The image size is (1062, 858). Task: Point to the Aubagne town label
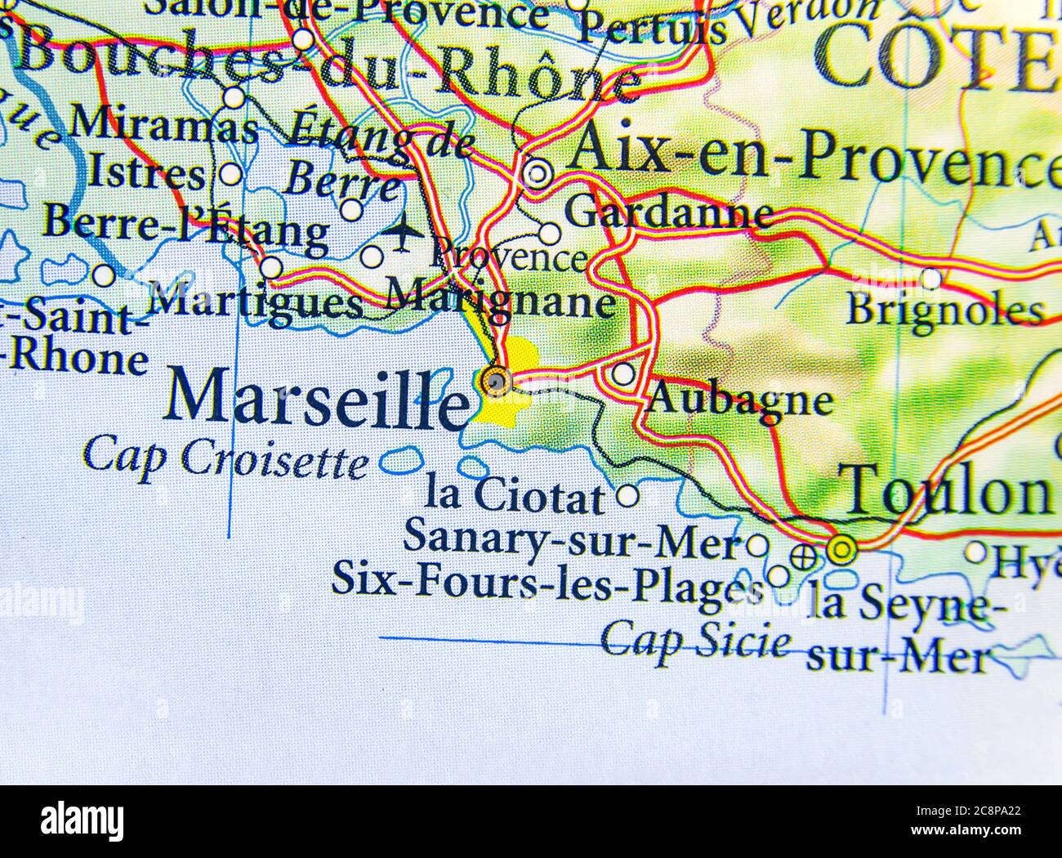tap(739, 401)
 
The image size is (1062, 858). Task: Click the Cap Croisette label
tap(225, 458)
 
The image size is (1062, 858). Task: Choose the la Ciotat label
tap(515, 496)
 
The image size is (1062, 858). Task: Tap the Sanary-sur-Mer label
tap(572, 541)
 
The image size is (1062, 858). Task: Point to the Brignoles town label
tap(945, 311)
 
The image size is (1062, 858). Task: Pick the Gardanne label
tap(670, 214)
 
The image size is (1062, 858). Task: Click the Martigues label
tap(257, 302)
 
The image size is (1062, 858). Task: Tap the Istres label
tap(146, 173)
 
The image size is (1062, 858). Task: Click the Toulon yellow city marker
tap(841, 550)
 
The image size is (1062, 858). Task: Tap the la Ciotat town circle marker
tap(627, 495)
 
